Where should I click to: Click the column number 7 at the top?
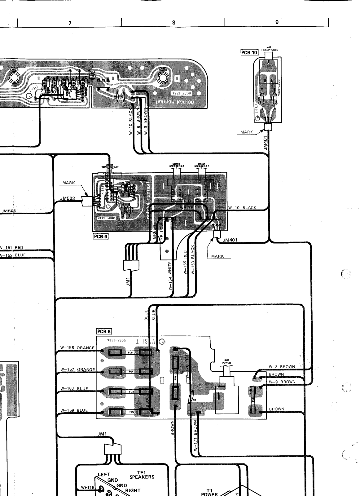coord(70,23)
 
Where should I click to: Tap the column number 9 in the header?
coord(277,22)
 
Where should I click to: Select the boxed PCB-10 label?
coord(249,52)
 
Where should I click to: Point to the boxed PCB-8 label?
coord(104,331)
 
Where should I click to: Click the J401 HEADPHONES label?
coord(270,49)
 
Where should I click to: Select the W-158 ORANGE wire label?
coord(77,348)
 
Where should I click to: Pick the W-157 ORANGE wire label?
coord(77,370)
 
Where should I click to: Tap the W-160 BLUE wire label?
coord(74,388)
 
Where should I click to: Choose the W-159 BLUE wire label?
coord(74,410)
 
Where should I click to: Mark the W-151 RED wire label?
coord(11,247)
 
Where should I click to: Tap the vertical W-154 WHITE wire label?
coord(170,275)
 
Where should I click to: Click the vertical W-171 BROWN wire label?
coord(195,435)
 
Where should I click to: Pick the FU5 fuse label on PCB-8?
coord(130,352)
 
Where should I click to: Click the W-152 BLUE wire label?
coord(13,255)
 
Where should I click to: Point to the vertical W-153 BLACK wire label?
coord(193,260)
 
